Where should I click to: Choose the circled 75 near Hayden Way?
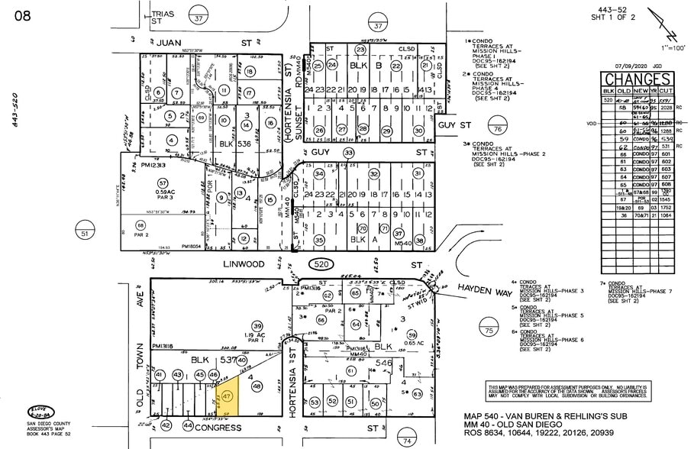[489, 330]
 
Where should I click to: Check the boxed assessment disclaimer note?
[567, 392]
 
